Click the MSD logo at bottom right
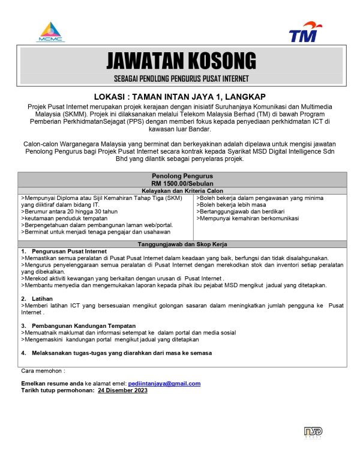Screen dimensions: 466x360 pos(314,432)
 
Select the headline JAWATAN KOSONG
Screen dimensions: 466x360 pos(181,61)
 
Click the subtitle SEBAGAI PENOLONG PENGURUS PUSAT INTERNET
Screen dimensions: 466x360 pos(181,79)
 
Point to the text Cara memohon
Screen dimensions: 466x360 pos(43,371)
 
